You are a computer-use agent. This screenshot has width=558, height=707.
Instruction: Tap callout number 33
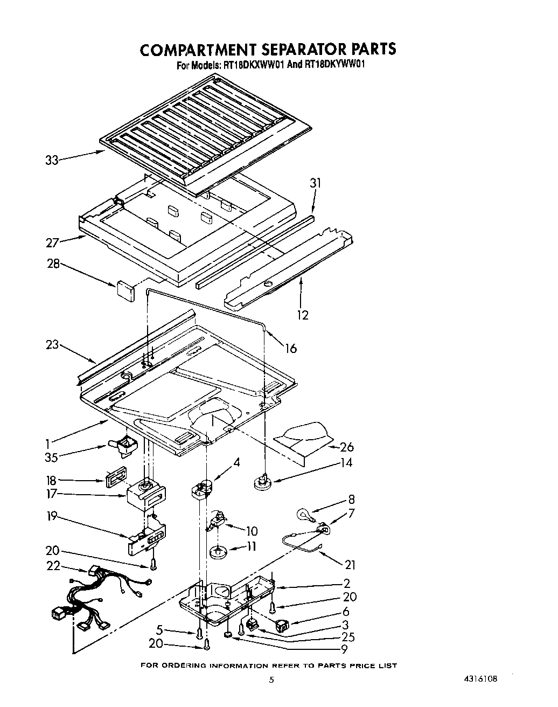[x=52, y=160]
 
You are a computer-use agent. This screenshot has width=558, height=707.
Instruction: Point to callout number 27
[x=52, y=243]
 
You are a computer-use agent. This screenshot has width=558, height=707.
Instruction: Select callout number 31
[x=315, y=183]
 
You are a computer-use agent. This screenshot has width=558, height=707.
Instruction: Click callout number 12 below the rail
[x=303, y=315]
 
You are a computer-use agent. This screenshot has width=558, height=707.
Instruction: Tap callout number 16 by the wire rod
[x=290, y=349]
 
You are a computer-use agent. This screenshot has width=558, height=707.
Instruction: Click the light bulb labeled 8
[x=303, y=515]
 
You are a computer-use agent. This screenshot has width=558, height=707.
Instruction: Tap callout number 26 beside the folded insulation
[x=347, y=447]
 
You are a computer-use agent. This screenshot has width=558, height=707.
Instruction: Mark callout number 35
[x=52, y=458]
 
